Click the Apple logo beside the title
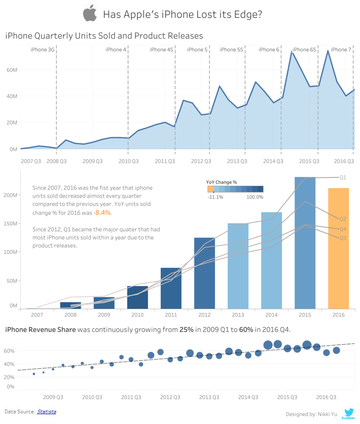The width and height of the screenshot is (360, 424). [x=89, y=14]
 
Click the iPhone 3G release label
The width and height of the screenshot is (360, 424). [x=43, y=50]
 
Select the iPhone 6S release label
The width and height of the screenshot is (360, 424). [x=304, y=50]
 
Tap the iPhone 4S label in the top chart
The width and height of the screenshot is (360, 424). [x=162, y=50]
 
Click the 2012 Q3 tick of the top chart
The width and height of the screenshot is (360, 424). [x=201, y=161]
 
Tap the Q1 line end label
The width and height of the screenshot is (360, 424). [x=343, y=177]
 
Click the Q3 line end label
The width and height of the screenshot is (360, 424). [x=343, y=238]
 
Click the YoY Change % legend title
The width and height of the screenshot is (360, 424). [x=221, y=182]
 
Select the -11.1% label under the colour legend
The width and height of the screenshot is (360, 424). [x=215, y=197]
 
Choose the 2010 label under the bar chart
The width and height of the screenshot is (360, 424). [x=138, y=315]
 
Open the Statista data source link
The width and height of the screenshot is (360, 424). [x=46, y=412]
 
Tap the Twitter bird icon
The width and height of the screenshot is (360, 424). [x=349, y=413]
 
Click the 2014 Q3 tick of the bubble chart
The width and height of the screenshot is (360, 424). [x=248, y=397]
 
